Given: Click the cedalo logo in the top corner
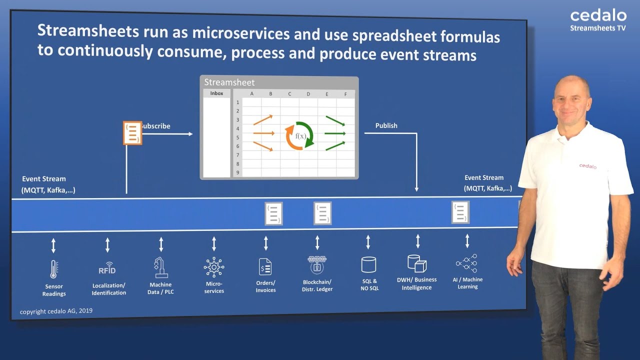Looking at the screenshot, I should (x=598, y=16).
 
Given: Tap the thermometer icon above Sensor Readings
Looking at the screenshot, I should (x=53, y=269).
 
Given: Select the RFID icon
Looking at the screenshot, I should (x=107, y=268).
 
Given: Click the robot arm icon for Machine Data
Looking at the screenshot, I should (x=160, y=267).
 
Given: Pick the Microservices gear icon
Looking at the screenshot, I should (x=214, y=267).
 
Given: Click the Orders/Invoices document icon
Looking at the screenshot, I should (x=265, y=267).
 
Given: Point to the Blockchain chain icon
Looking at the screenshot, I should (x=317, y=264).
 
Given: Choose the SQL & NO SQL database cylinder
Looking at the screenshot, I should (x=368, y=264).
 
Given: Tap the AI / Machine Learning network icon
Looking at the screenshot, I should (x=467, y=263).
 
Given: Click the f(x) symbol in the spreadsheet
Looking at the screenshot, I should (x=300, y=136).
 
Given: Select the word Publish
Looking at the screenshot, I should (x=386, y=125).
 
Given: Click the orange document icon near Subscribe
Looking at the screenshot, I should (x=132, y=133).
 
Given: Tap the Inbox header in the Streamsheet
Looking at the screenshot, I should (x=216, y=93).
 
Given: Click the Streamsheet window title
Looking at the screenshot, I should (x=229, y=82).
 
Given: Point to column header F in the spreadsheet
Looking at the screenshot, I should (x=345, y=94).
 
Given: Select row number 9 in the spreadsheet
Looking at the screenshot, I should (x=238, y=172).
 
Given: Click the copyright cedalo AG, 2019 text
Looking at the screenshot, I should (x=56, y=311).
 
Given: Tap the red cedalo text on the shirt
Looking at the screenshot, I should (x=587, y=166).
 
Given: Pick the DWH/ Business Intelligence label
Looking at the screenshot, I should (x=416, y=283).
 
